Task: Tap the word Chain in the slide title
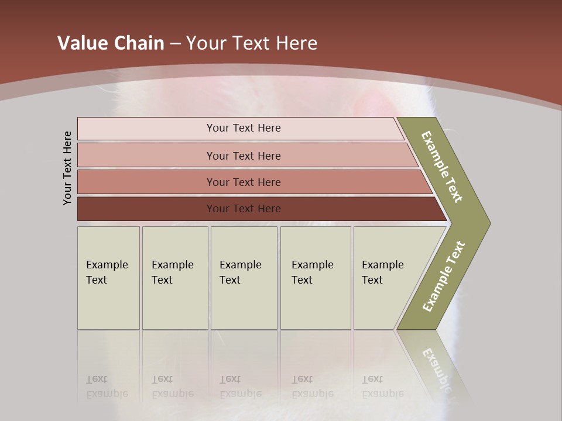[x=139, y=43]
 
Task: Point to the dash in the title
[x=175, y=44]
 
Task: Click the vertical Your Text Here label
[x=67, y=168]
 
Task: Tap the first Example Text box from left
[x=108, y=278]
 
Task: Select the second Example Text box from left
[x=175, y=278]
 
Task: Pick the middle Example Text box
[x=244, y=278]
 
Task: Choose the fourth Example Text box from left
[x=316, y=278]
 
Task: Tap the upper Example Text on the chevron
[x=442, y=167]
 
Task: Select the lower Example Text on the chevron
[x=444, y=277]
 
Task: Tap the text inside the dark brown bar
[x=244, y=209]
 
